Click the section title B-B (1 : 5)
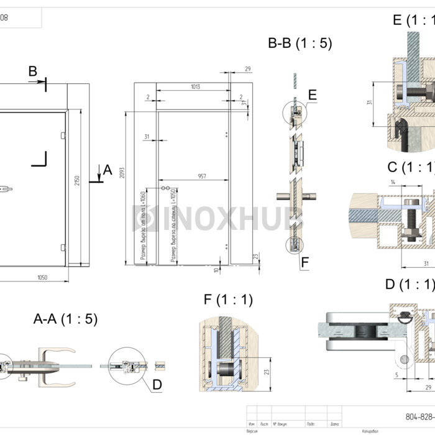(300, 44)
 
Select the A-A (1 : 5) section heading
(65, 319)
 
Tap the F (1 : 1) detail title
(228, 300)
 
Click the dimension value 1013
(195, 87)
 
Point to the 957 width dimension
(202, 176)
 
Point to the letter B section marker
(33, 71)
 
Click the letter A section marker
(107, 170)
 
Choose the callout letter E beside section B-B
(312, 94)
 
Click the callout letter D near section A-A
(157, 385)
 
